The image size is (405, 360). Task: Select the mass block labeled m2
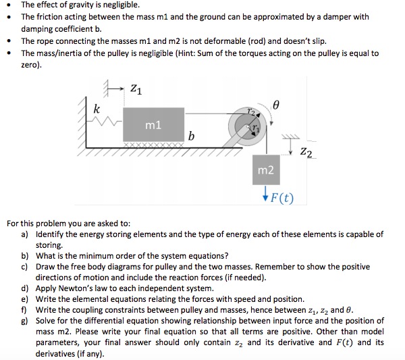pos(265,172)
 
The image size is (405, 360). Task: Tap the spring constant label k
pos(98,109)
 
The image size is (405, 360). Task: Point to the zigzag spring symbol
pos(109,123)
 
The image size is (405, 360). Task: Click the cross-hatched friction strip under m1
pos(153,144)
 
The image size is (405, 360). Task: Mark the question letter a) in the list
pos(24,234)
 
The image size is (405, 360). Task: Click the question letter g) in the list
pos(24,321)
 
